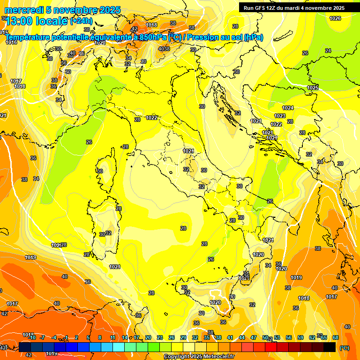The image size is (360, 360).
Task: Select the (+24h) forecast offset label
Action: click(x=81, y=21)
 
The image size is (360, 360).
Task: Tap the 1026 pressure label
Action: click(x=335, y=18)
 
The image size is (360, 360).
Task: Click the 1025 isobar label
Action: click(x=313, y=88)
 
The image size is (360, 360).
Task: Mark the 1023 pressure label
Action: click(x=280, y=116)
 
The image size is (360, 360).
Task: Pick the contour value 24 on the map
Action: click(x=328, y=51)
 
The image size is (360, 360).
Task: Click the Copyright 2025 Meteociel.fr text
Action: click(x=199, y=357)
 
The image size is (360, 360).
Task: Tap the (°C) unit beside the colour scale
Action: click(x=344, y=347)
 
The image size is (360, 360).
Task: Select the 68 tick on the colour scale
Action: click(x=336, y=337)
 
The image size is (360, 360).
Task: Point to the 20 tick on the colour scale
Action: click(x=148, y=337)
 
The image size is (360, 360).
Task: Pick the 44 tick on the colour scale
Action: click(x=242, y=337)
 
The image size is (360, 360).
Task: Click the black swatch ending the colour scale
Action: click(x=330, y=346)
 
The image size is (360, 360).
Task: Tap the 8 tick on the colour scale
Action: click(x=100, y=337)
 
